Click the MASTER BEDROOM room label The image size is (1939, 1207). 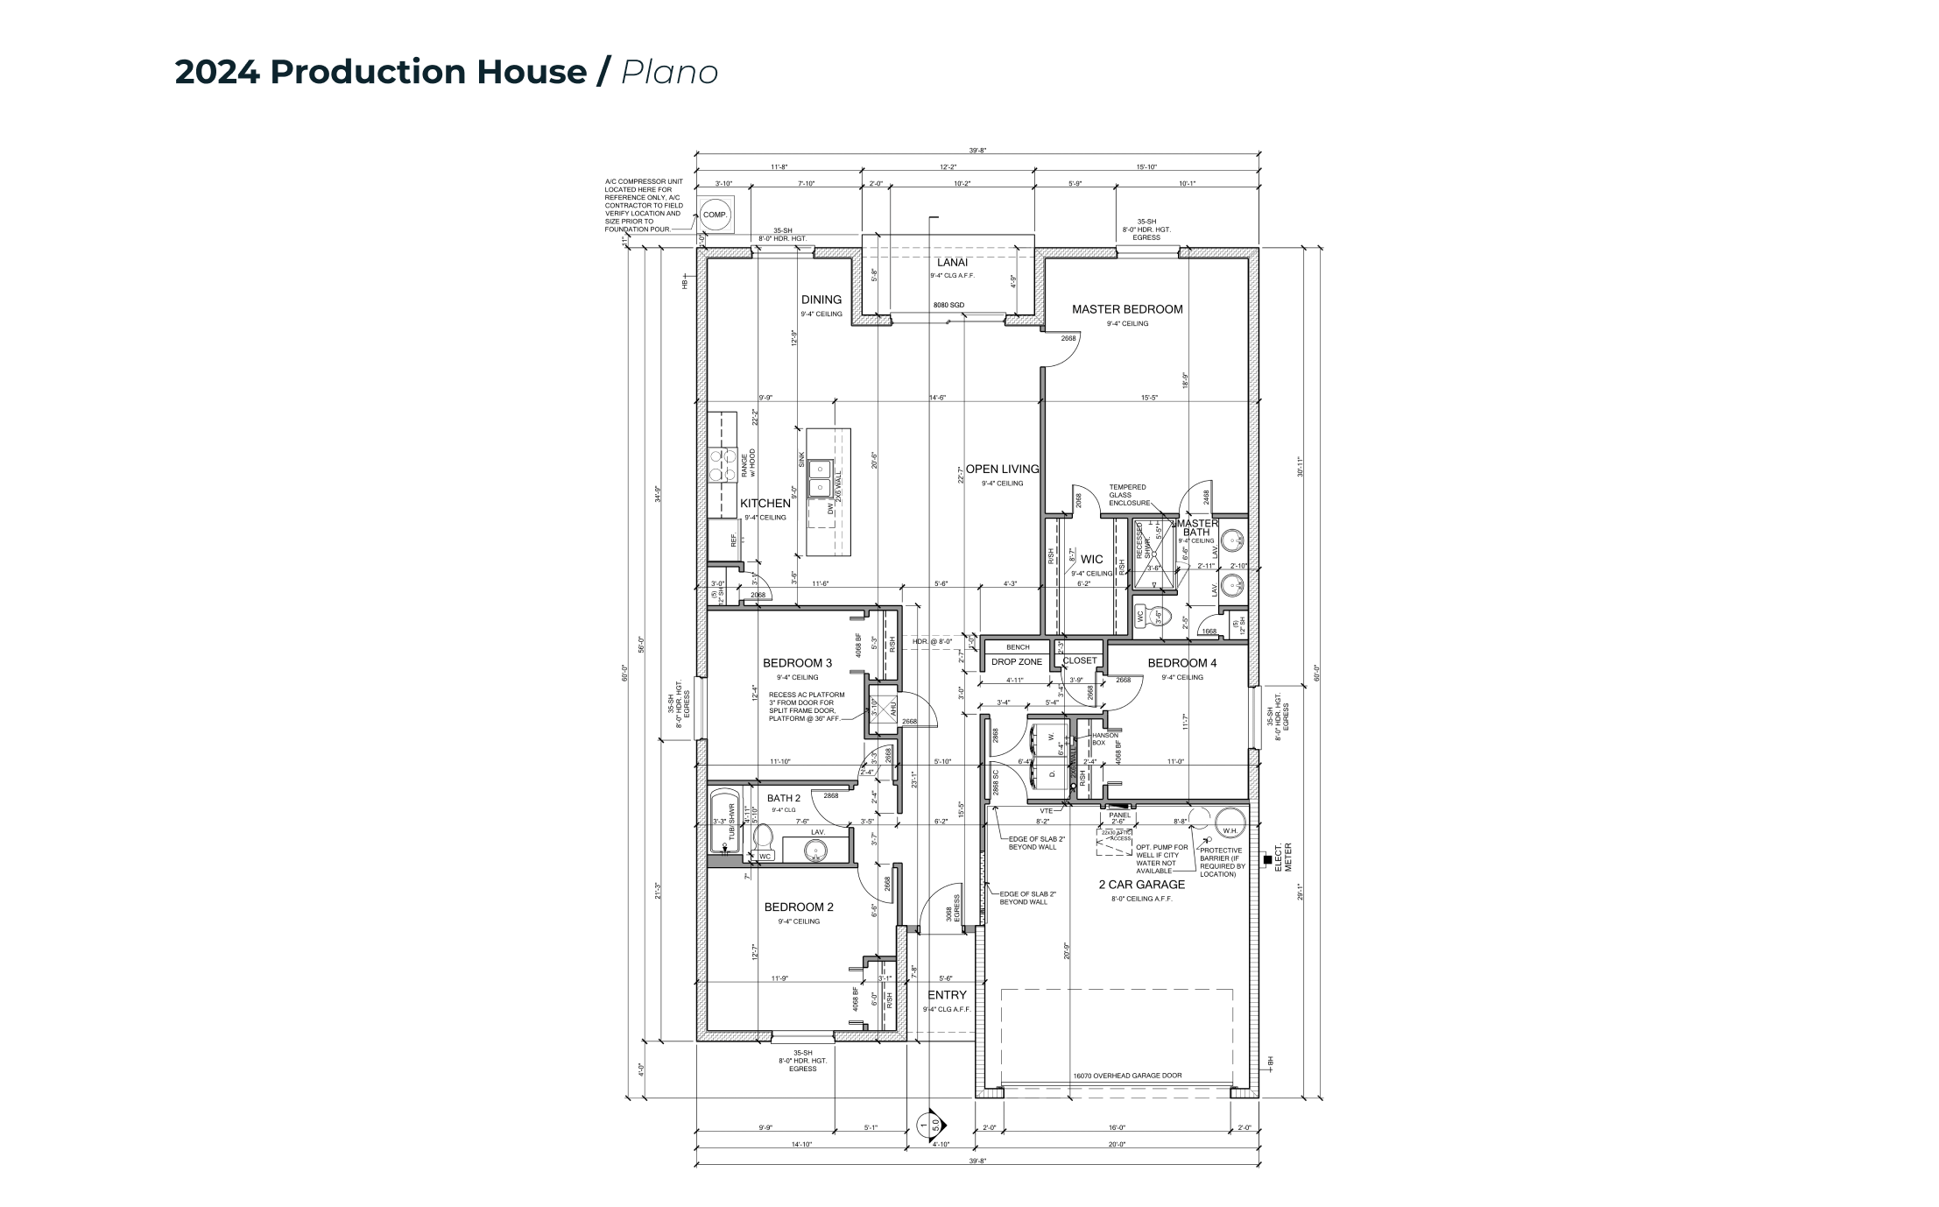pos(1127,309)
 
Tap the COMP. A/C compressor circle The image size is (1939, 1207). pos(716,215)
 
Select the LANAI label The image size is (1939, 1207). pos(952,262)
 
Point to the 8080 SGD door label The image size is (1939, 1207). pos(948,305)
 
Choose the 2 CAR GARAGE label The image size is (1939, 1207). pos(1141,885)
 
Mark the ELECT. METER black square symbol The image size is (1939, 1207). pos(1267,860)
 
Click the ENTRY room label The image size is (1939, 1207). pos(947,995)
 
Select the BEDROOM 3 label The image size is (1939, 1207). pos(797,663)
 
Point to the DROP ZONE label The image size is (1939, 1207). pos(1017,662)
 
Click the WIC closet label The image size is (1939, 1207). pos(1091,559)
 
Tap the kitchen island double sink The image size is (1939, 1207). pos(820,478)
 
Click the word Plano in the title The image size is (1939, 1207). pos(670,72)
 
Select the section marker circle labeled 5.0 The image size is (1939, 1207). pos(928,1124)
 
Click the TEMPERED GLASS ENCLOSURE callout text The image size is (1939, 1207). pos(1127,495)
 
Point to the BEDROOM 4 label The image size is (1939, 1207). pos(1181,663)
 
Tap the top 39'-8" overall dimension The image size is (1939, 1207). pos(977,151)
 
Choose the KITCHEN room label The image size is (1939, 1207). pos(765,504)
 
